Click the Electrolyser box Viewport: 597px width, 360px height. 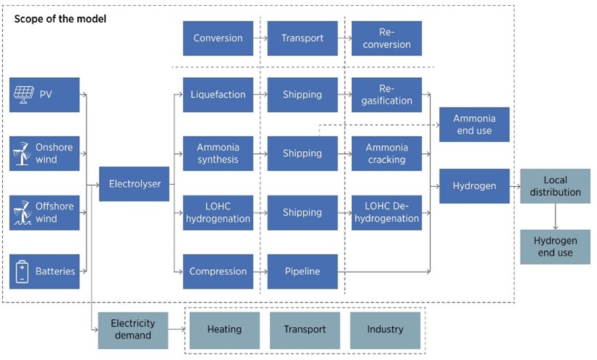tap(134, 183)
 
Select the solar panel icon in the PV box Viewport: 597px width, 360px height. tap(23, 95)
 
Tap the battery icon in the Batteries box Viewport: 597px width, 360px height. tap(22, 271)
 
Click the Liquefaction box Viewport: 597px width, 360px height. tap(217, 95)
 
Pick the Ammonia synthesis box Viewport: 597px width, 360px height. tap(217, 153)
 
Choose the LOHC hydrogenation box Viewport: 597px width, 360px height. tap(217, 212)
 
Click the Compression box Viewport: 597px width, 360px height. tap(217, 271)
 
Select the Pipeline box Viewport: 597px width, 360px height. tap(302, 271)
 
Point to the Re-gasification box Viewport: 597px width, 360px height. tap(386, 95)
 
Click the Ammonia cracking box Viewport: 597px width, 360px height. tap(386, 153)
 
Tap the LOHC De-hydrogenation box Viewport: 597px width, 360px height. tap(386, 212)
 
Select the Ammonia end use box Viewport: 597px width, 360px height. tap(474, 124)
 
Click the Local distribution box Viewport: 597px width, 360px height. tap(556, 186)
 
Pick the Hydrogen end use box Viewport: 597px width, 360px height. tap(556, 247)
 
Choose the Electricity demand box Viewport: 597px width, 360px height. tap(133, 330)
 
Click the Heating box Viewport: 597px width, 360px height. tap(225, 330)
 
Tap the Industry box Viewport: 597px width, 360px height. tap(385, 330)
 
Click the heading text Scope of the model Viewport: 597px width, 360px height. tap(60, 19)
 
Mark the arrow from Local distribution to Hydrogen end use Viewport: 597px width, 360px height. tap(556, 217)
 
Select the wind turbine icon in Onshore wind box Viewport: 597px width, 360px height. tap(22, 153)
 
